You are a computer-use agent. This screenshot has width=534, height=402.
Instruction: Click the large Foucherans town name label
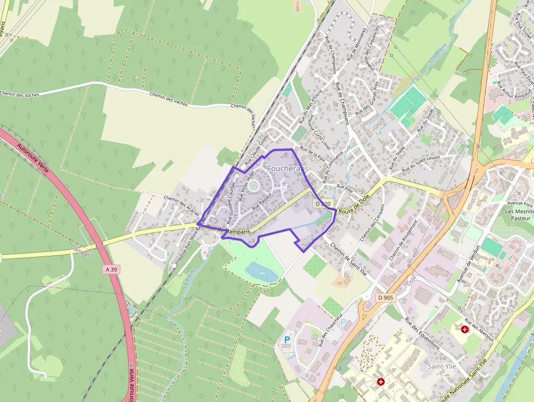click(x=288, y=169)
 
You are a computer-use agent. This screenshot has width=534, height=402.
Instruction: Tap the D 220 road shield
click(x=323, y=203)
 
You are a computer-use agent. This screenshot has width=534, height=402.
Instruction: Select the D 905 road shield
click(x=385, y=297)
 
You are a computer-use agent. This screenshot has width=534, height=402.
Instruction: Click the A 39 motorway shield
click(x=112, y=269)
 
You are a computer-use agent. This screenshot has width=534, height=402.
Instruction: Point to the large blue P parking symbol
click(x=287, y=339)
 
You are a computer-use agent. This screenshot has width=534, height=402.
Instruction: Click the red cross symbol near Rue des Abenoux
click(x=464, y=329)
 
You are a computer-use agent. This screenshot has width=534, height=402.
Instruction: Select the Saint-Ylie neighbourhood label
click(x=442, y=365)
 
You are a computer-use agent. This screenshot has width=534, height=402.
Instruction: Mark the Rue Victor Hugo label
click(x=246, y=186)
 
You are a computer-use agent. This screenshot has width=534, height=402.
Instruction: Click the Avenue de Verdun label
click(x=468, y=263)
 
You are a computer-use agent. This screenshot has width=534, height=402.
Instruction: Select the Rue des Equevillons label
click(x=422, y=333)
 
